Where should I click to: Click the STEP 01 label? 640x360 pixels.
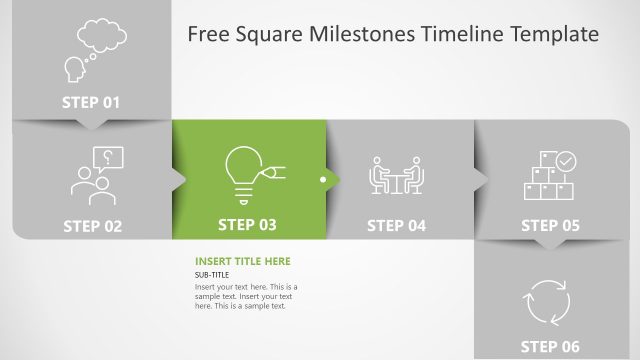tap(91, 102)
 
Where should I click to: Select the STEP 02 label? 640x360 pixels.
tap(92, 226)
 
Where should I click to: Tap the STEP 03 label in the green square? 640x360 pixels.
tap(247, 225)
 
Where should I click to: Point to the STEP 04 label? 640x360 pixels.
tap(396, 226)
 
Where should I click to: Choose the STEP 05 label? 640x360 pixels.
tap(550, 226)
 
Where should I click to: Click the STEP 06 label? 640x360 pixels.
tap(550, 346)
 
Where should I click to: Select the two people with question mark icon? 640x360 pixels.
tap(96, 175)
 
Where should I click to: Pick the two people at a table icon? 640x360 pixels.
tap(397, 174)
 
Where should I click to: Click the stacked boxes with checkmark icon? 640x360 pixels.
tap(550, 175)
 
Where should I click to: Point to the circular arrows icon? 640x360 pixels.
tap(547, 300)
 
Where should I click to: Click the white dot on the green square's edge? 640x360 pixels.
tap(322, 181)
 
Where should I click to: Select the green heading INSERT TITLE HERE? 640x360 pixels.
tap(243, 262)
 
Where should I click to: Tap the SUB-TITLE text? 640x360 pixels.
tap(212, 275)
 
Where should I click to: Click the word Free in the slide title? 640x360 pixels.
tap(208, 35)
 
